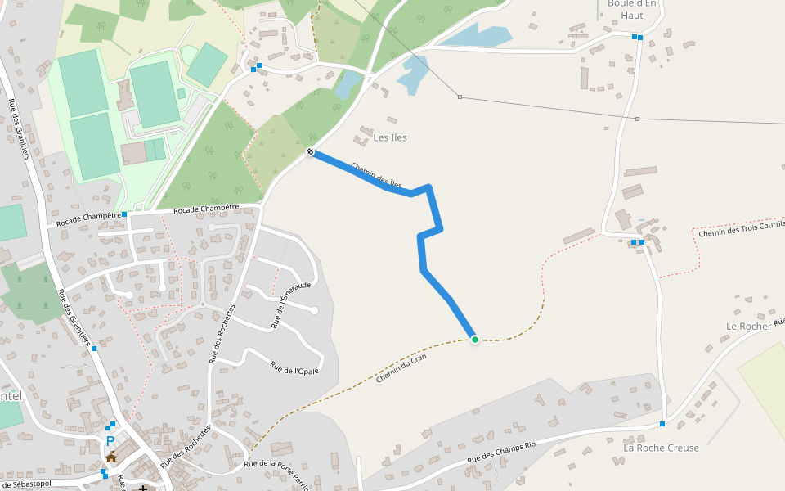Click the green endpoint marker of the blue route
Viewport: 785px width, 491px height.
point(474,339)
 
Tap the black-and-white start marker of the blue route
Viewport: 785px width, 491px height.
point(311,151)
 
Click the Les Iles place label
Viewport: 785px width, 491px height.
point(390,137)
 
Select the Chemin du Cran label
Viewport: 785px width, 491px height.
point(401,368)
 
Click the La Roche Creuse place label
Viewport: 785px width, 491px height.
point(661,448)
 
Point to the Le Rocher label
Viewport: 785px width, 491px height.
point(748,326)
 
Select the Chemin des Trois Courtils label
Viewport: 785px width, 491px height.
point(741,228)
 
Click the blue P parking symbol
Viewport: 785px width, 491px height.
point(110,441)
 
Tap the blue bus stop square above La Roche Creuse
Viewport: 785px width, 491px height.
point(662,424)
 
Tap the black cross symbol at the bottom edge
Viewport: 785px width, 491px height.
point(143,488)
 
